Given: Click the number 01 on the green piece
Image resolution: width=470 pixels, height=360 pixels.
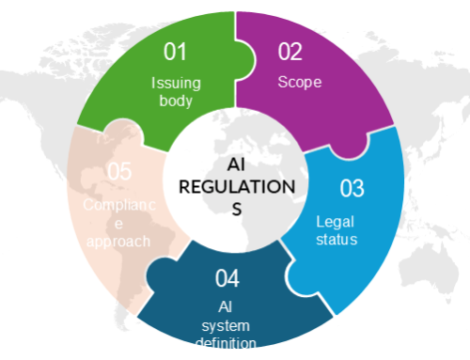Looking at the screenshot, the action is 175,50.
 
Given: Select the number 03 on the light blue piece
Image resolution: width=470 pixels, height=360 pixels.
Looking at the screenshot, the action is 351,188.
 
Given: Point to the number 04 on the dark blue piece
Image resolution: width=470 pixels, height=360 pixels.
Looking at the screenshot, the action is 227,278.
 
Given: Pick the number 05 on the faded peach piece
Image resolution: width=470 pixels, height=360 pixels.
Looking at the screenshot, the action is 118,172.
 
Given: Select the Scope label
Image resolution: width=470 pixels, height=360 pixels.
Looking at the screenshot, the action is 299,82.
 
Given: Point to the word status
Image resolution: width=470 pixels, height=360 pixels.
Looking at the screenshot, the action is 337,240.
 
